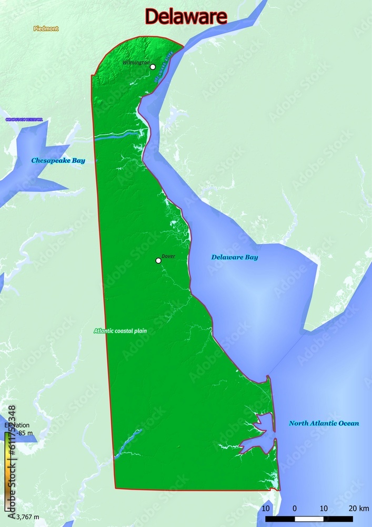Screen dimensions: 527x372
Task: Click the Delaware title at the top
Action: click(x=186, y=17)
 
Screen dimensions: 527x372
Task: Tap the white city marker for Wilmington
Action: click(x=153, y=67)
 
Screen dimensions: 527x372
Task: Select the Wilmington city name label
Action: click(x=136, y=62)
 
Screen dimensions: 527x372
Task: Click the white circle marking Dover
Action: click(x=158, y=260)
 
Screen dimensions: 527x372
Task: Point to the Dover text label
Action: click(x=168, y=256)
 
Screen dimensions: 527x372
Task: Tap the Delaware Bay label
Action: click(x=235, y=257)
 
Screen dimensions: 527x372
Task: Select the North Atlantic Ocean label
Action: click(x=324, y=423)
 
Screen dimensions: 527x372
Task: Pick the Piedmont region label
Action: click(x=46, y=28)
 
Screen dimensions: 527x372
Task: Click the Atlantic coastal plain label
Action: click(x=120, y=331)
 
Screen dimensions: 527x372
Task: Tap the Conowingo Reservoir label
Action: click(x=24, y=120)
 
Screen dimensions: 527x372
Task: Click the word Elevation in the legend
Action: click(x=16, y=425)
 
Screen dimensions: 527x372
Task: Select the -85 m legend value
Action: click(x=24, y=433)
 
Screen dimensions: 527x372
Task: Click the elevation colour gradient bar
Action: click(x=7, y=472)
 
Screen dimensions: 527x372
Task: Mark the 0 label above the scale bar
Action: click(x=294, y=508)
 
